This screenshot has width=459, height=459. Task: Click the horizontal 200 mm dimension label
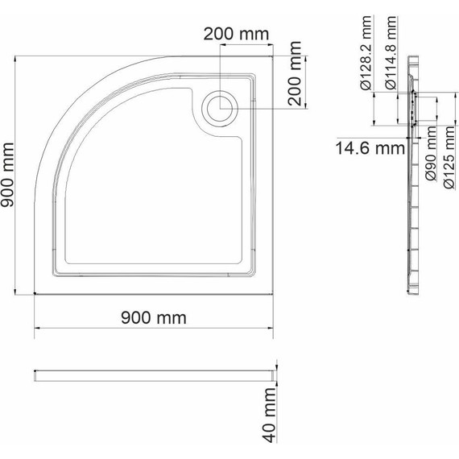[x=235, y=34]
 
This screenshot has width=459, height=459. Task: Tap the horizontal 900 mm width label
[x=153, y=318]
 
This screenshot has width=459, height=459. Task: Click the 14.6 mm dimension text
[x=370, y=147]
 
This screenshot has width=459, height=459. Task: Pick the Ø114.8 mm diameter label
[x=391, y=52]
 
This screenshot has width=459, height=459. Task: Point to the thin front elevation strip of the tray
[x=153, y=375]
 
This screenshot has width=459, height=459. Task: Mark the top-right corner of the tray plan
[x=273, y=56]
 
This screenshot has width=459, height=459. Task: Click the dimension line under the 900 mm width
[x=153, y=329]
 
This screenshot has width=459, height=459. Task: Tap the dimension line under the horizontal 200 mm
[x=246, y=45]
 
